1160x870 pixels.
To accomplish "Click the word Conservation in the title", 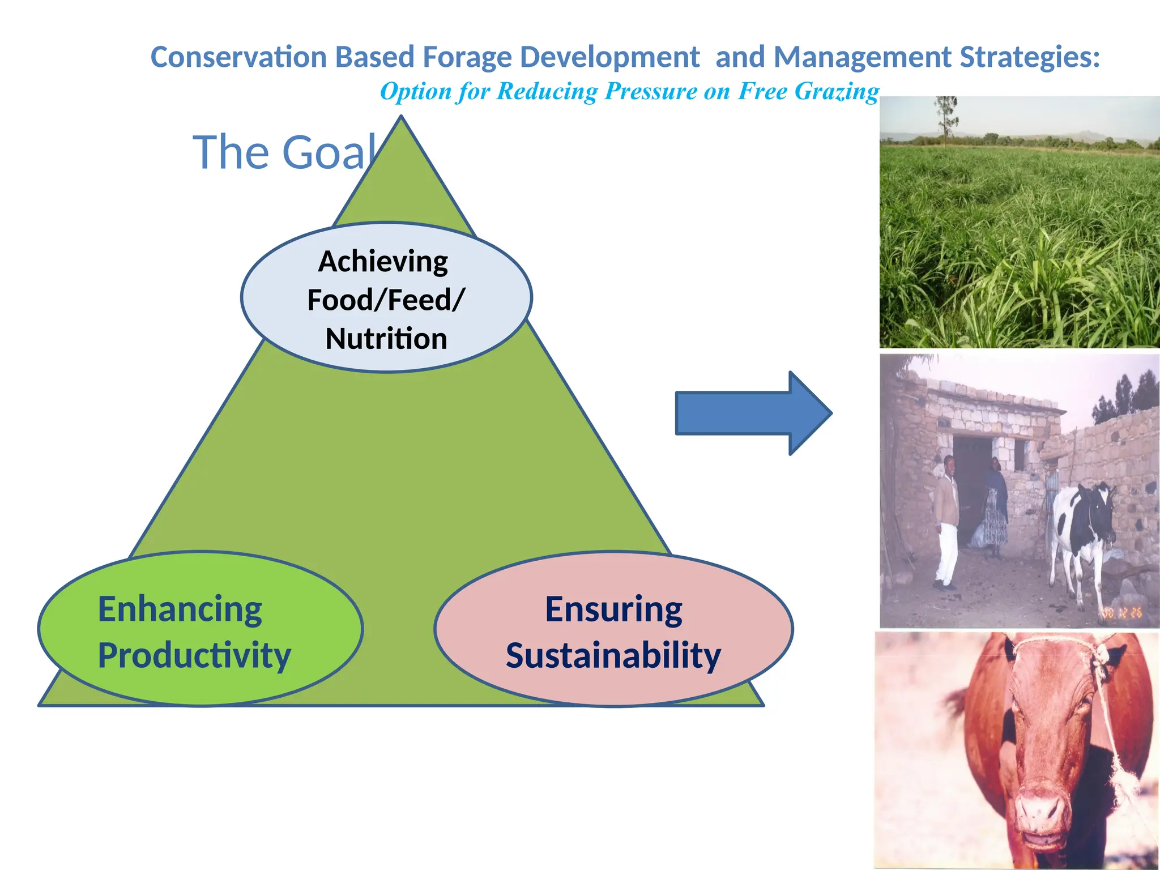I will (238, 57).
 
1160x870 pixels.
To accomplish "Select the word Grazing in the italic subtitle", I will (837, 92).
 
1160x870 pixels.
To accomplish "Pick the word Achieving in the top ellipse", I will (383, 262).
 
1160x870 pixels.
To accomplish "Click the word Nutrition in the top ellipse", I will (386, 339).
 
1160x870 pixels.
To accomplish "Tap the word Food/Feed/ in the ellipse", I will (386, 300).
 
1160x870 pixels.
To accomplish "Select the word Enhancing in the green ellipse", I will (180, 609).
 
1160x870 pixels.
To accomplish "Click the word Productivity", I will (194, 655).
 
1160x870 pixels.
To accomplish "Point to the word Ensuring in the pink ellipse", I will (613, 609).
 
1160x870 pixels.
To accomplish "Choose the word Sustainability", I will (613, 655).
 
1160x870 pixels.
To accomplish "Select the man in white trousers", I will (946, 521).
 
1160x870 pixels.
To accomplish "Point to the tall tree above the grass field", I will (946, 116).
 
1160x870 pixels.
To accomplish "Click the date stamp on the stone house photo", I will (1121, 612).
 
